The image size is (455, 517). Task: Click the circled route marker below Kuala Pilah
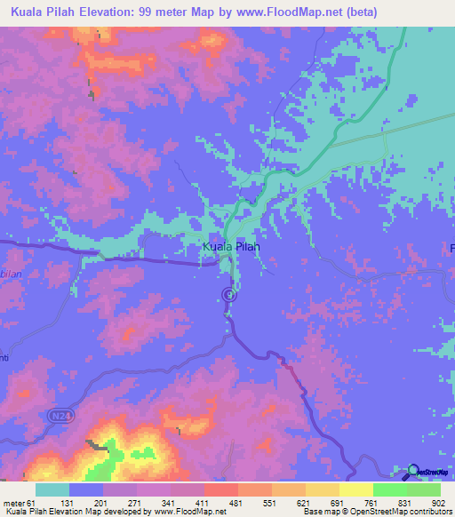pos(228,294)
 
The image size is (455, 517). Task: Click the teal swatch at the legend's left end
pos(52,489)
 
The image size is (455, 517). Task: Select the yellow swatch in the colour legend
pos(355,489)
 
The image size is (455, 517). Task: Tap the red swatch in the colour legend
pos(220,489)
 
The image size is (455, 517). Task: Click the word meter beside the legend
pos(17,502)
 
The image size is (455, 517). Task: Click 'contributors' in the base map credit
pos(428,513)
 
